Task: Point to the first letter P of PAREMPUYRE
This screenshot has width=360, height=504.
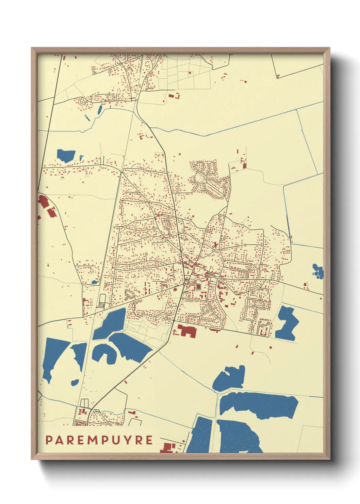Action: tap(49, 440)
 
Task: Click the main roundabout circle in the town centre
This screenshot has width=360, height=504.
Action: tap(184, 284)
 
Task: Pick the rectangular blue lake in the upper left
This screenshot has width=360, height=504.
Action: tap(66, 155)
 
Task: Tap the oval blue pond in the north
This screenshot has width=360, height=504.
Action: tap(100, 110)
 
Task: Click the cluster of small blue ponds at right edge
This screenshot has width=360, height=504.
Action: tap(318, 271)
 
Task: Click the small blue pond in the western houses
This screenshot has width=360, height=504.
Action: tap(94, 282)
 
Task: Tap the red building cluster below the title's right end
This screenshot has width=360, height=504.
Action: tap(169, 447)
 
